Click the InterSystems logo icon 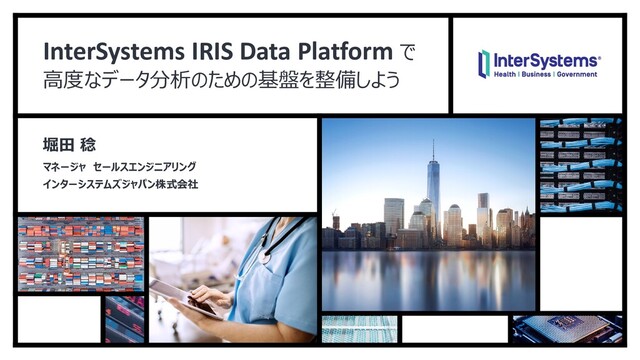click(x=484, y=64)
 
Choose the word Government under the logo click(x=578, y=76)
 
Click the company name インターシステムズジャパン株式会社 click(x=112, y=183)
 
